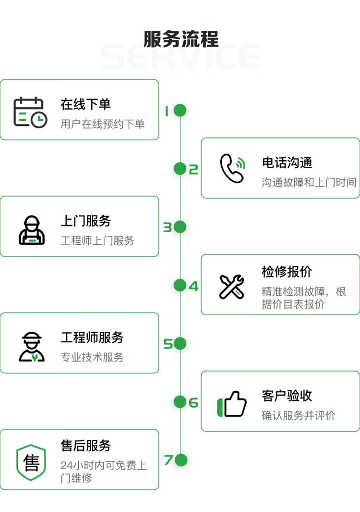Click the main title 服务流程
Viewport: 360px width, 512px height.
click(181, 39)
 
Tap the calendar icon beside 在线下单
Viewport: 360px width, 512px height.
click(30, 112)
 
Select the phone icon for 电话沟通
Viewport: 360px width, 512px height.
click(232, 168)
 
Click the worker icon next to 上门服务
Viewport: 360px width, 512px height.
click(32, 230)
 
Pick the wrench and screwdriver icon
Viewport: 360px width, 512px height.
click(232, 287)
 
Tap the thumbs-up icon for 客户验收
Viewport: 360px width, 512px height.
click(232, 404)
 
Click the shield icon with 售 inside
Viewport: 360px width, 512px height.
click(31, 462)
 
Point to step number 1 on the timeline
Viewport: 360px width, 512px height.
click(167, 111)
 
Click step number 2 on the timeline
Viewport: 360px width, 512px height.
click(193, 169)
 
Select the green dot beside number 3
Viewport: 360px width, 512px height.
click(180, 227)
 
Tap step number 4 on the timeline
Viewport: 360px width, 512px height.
click(193, 287)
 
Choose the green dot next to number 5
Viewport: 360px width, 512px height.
click(180, 344)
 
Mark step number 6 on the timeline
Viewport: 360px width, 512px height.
click(193, 402)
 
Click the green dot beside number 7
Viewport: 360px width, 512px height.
click(180, 460)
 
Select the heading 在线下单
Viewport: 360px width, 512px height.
click(85, 104)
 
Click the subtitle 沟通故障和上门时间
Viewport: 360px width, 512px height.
click(309, 182)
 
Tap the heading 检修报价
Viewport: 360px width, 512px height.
click(287, 272)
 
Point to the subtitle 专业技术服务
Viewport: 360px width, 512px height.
click(92, 357)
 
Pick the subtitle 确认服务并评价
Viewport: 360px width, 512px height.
click(299, 415)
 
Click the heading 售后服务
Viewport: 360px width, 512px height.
click(85, 445)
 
